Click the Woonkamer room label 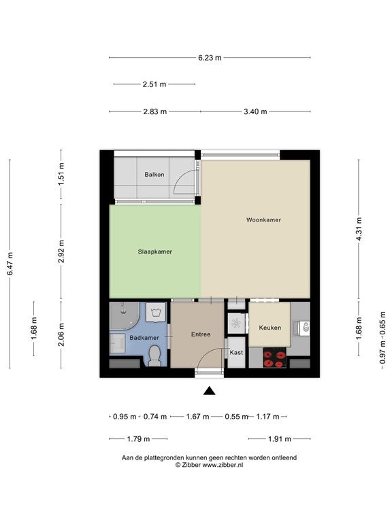coord(263,220)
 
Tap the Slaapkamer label coord(155,251)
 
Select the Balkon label coord(154,175)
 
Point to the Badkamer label coord(144,338)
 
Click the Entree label coord(201,334)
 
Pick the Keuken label coord(270,328)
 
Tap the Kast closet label coord(236,352)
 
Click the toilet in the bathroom coord(154,356)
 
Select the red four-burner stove coord(275,358)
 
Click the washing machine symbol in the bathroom coord(155,312)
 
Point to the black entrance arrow coord(210,391)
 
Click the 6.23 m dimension coord(210,58)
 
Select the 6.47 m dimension coord(10,264)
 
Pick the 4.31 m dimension coord(359,229)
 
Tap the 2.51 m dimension coord(154,84)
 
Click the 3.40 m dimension coord(255,111)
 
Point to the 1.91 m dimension coord(280,439)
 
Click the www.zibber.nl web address coord(223,465)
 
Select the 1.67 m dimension coord(197,417)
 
